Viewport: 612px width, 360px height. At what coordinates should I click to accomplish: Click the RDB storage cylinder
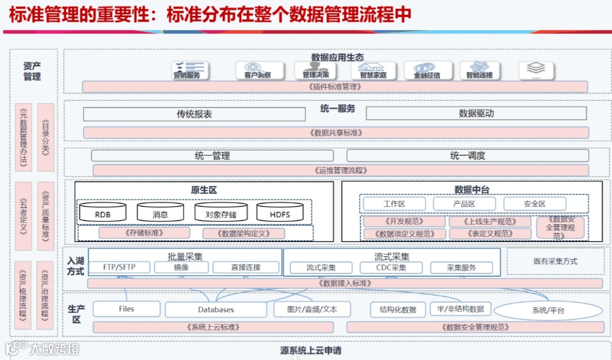tap(103, 213)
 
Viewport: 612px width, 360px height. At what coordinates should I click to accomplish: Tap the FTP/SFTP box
tap(119, 268)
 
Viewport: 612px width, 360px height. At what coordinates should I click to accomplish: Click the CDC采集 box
tap(391, 268)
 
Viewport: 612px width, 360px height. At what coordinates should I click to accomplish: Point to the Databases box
tap(216, 310)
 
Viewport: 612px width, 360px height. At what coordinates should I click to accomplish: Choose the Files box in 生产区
tap(126, 309)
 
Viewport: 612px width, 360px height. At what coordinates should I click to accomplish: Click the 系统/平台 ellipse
tap(548, 310)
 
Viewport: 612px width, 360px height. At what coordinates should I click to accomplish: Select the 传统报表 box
tap(194, 114)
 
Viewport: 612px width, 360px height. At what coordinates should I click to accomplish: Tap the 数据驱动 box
tap(476, 113)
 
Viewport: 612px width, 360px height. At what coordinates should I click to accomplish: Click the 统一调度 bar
tap(467, 155)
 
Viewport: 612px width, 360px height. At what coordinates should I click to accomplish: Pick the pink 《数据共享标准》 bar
tap(336, 133)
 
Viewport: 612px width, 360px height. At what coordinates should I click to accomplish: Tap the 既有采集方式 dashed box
tap(555, 261)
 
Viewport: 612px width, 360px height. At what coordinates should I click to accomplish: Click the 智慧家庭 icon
tap(372, 71)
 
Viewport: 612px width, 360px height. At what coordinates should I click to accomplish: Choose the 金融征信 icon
tap(427, 71)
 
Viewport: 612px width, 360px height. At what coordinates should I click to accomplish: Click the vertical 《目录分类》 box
tap(45, 137)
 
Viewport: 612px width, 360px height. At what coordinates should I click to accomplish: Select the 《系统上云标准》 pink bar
tap(212, 327)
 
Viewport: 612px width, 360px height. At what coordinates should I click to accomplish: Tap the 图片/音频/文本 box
tap(312, 309)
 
